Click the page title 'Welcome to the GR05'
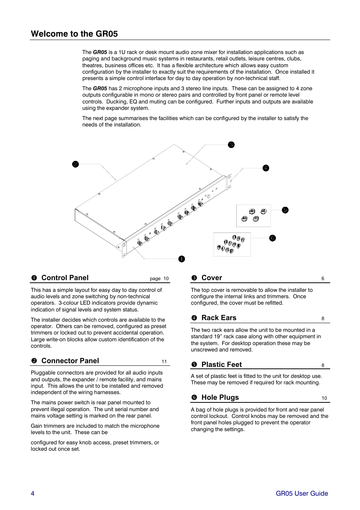pyautogui.click(x=74, y=34)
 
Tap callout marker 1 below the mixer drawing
pyautogui.click(x=182, y=259)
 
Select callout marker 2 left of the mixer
pyautogui.click(x=75, y=164)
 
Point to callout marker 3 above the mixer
pyautogui.click(x=231, y=145)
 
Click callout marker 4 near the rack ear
pyautogui.click(x=266, y=168)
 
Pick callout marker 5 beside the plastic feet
pyautogui.click(x=285, y=210)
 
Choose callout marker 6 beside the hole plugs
pyautogui.click(x=272, y=238)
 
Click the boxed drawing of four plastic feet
pyautogui.click(x=254, y=216)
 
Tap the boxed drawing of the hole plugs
pyautogui.click(x=232, y=245)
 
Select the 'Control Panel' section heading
pyautogui.click(x=65, y=278)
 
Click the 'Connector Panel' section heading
pyautogui.click(x=70, y=361)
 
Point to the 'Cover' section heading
pyautogui.click(x=212, y=278)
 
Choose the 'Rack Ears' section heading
pyautogui.click(x=219, y=318)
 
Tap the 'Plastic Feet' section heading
pyautogui.click(x=222, y=365)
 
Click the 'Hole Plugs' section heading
pyautogui.click(x=220, y=398)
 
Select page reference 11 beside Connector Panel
pyautogui.click(x=164, y=362)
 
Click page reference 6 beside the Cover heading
pyautogui.click(x=323, y=279)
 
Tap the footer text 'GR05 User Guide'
pyautogui.click(x=302, y=493)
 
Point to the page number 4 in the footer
pyautogui.click(x=32, y=493)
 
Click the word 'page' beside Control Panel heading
pyautogui.click(x=155, y=279)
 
